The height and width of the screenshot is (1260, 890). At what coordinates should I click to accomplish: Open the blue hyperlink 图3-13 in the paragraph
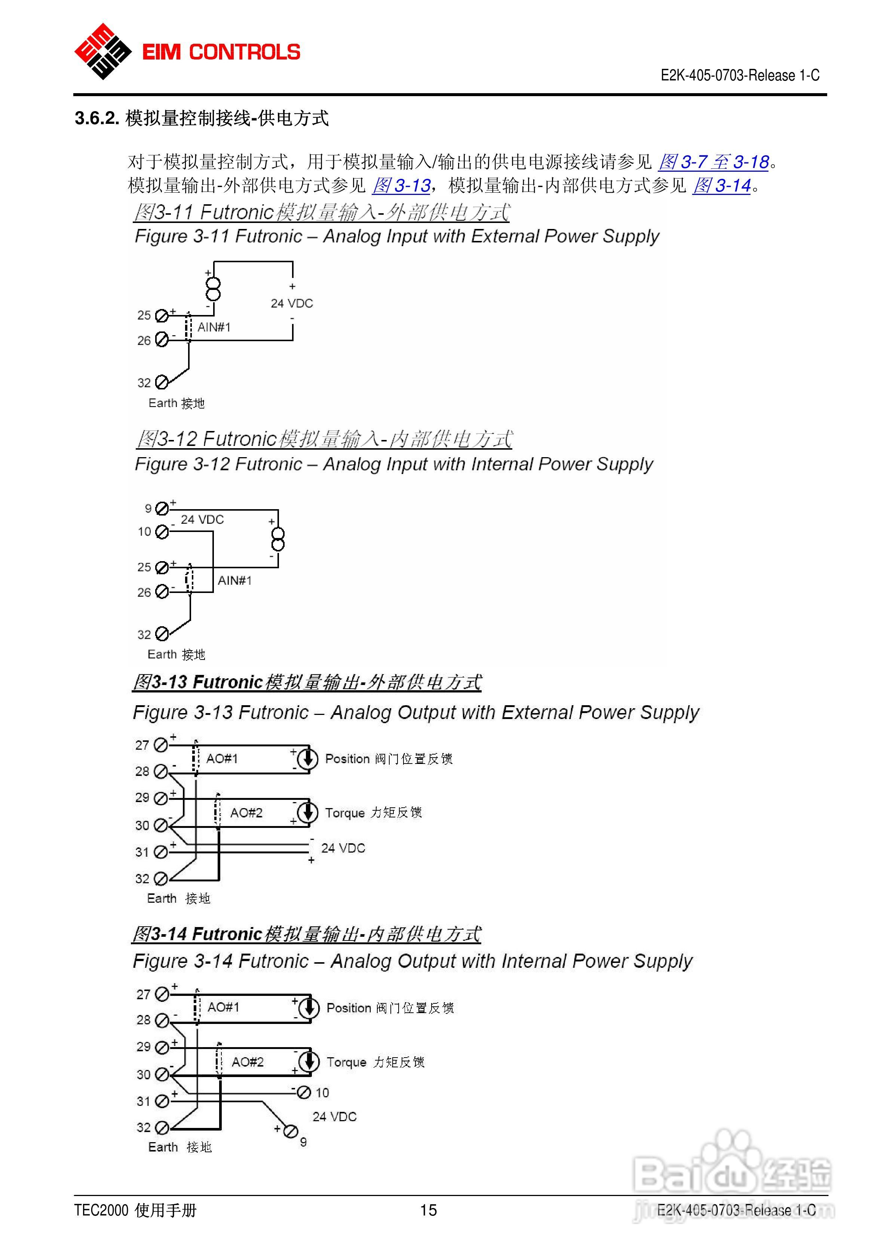point(401,186)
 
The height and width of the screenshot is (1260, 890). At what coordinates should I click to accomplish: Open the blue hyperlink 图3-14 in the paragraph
point(722,186)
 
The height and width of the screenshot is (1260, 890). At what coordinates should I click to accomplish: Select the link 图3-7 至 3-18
point(713,162)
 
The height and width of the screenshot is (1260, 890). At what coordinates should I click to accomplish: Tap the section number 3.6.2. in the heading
point(96,118)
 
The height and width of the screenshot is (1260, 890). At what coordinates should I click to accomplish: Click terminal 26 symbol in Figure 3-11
point(161,340)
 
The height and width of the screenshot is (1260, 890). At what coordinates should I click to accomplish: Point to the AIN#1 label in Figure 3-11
point(214,327)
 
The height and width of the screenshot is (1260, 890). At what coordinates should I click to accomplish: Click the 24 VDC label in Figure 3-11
point(292,303)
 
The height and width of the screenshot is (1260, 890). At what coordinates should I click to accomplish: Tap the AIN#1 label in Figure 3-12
point(235,581)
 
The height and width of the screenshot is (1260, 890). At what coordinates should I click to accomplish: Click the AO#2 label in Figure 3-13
point(246,813)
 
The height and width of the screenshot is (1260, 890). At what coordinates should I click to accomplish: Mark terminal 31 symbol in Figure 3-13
point(160,852)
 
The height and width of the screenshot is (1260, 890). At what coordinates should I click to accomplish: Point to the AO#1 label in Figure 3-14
point(223,1007)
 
